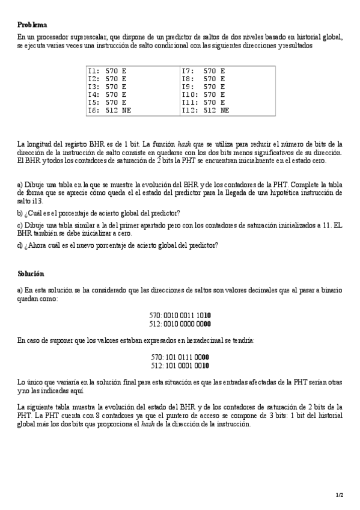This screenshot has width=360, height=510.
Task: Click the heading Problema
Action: click(32, 25)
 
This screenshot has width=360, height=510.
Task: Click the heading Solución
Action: click(31, 274)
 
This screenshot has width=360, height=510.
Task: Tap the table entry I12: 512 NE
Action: click(205, 110)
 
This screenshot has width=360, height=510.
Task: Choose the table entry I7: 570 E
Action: click(203, 71)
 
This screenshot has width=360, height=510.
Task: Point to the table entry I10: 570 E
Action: click(203, 94)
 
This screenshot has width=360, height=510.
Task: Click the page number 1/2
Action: click(340, 494)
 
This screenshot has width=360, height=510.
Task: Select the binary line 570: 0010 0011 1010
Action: click(180, 315)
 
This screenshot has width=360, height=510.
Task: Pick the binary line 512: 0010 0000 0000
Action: click(180, 323)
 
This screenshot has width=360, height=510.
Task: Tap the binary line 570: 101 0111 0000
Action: click(180, 357)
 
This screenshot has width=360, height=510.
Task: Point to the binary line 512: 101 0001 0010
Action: click(180, 364)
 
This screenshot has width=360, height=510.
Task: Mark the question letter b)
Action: click(20, 214)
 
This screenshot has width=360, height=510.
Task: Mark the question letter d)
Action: click(20, 245)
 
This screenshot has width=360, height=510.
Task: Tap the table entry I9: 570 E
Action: click(203, 87)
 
